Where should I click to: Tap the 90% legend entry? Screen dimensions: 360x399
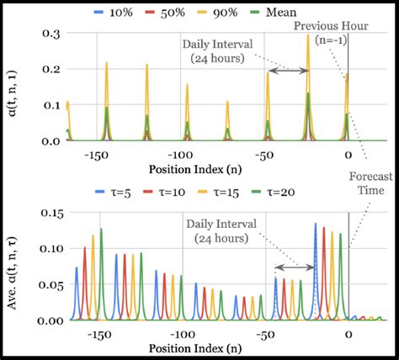[x=235, y=13]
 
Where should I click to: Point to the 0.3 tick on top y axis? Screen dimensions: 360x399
[x=50, y=32]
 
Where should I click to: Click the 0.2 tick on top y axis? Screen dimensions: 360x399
[x=50, y=68]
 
